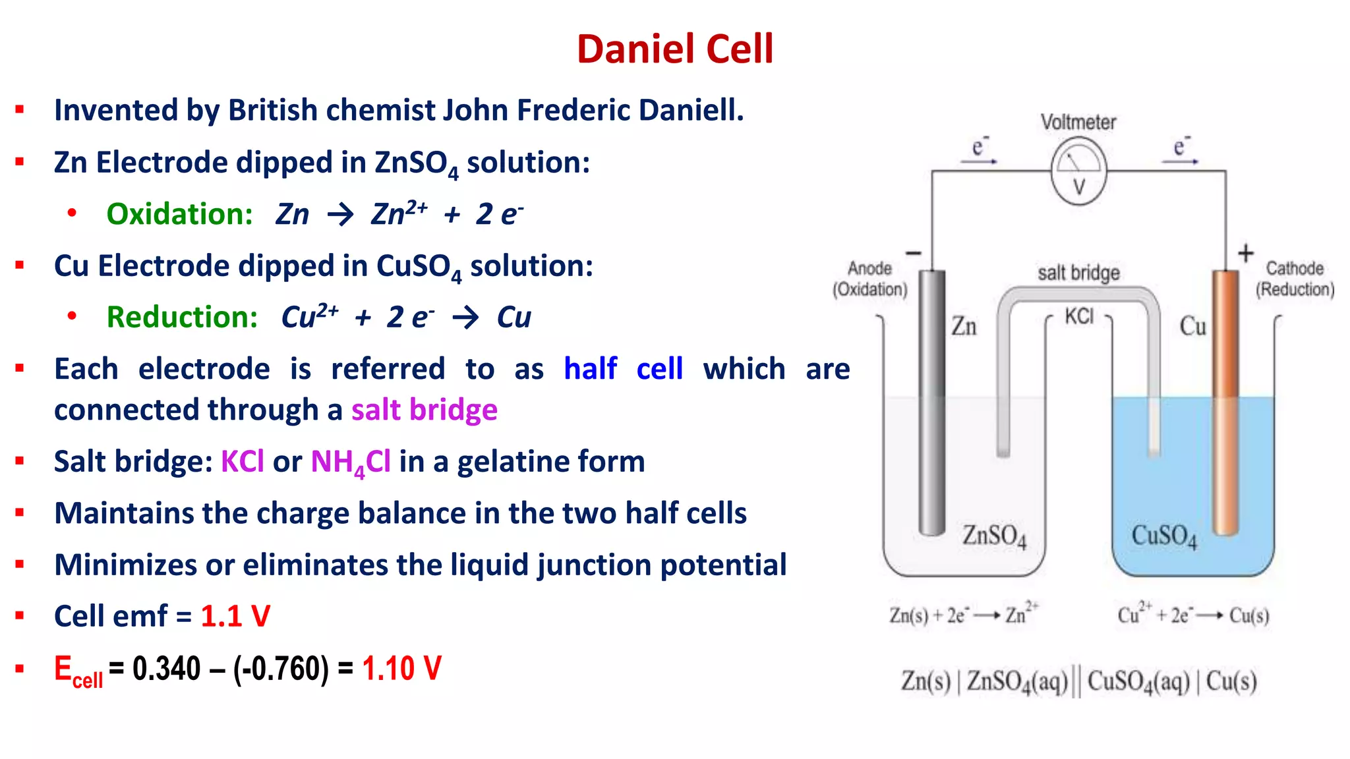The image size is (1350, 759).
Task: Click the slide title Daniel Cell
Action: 674,49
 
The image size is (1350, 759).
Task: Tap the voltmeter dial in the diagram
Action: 1078,171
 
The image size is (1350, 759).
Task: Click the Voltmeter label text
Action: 1078,122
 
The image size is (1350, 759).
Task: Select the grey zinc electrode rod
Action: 932,402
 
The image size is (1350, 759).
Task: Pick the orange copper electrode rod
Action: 1225,402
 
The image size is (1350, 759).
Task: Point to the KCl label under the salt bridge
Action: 1079,316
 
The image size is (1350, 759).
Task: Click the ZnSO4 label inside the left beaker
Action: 994,536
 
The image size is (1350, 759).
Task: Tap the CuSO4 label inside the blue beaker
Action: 1163,536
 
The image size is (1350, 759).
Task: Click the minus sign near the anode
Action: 914,253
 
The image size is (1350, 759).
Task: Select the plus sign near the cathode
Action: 1245,253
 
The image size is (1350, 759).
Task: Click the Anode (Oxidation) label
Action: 869,279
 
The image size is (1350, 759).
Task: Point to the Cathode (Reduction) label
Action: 1295,279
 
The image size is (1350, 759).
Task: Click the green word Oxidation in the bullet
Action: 179,214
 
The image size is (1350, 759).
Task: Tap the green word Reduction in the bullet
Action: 182,317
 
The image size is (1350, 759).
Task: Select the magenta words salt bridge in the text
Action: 424,410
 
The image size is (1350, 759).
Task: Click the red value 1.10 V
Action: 401,668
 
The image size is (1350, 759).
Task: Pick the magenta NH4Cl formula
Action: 351,462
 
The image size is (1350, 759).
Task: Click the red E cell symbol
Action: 78,671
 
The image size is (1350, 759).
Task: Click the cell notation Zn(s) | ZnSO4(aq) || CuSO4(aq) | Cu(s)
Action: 1078,681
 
